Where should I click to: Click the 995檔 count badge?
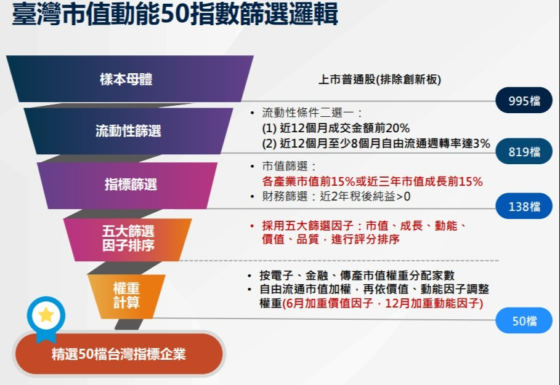point(524,100)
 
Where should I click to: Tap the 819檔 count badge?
point(524,151)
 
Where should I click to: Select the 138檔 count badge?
point(524,206)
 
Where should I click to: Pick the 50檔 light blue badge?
point(524,320)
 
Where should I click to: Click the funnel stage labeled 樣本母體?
point(129,79)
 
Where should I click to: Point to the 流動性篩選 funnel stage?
point(128,131)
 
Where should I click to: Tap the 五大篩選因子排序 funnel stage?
point(128,239)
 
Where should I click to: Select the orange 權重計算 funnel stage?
point(126,296)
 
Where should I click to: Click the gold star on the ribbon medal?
point(46,315)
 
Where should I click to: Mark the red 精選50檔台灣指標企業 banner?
point(119,354)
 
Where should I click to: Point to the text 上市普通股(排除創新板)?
point(379,79)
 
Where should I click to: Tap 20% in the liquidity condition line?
point(397,128)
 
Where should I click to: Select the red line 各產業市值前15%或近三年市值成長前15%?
point(373,181)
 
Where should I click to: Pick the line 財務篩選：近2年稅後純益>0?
point(336,196)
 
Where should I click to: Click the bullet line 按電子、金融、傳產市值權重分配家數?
point(357,275)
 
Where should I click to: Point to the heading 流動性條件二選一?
point(312,113)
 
